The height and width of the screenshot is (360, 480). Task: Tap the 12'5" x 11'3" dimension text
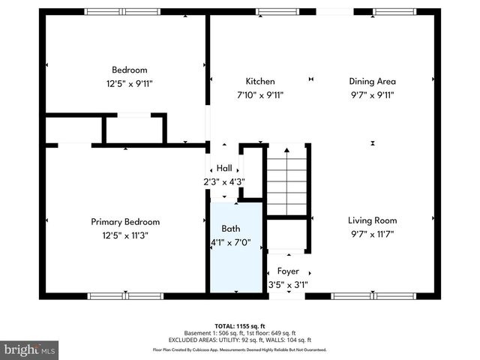point(125,235)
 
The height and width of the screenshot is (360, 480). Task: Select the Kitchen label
point(260,82)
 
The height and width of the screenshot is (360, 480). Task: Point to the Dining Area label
point(372,82)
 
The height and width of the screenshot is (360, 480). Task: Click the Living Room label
point(372,220)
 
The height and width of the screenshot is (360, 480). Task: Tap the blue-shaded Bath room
point(235,255)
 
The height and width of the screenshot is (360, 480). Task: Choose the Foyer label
point(288,271)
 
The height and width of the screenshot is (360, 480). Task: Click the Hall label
point(225,168)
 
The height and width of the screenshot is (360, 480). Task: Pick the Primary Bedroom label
point(125,222)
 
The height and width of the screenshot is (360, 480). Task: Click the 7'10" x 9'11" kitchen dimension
point(260,95)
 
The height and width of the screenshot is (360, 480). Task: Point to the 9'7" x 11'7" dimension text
point(372,234)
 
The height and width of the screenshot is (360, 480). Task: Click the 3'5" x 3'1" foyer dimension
point(288,284)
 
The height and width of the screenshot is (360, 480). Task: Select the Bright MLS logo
point(30,349)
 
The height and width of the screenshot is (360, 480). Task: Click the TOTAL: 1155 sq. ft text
point(240,325)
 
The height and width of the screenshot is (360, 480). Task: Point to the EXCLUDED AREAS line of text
point(240,340)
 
